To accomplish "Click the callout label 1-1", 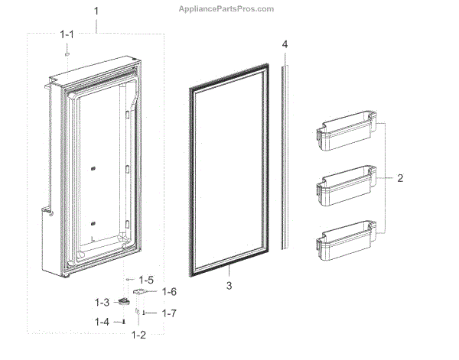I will pyautogui.click(x=68, y=34).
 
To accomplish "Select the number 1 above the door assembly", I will pyautogui.click(x=96, y=11).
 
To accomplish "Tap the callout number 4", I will pyautogui.click(x=285, y=45).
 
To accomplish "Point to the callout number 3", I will pyautogui.click(x=228, y=285).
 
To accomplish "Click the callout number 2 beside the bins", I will pyautogui.click(x=399, y=179).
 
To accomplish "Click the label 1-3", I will pyautogui.click(x=102, y=303).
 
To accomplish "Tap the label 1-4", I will pyautogui.click(x=102, y=322).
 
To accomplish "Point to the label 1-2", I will pyautogui.click(x=138, y=334).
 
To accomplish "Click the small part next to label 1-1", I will pyautogui.click(x=67, y=54).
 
